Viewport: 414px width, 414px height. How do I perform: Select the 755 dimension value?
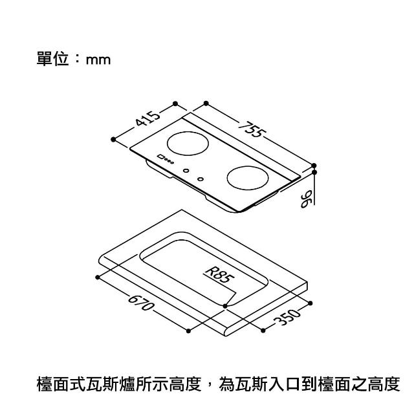[252, 129]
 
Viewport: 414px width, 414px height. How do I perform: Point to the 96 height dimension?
[306, 199]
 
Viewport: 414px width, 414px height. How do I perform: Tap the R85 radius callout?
[220, 275]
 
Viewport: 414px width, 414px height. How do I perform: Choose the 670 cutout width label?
[140, 303]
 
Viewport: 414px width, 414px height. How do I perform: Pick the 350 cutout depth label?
[287, 318]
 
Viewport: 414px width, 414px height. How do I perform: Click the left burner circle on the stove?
[188, 144]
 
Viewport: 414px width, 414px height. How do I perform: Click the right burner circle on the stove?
[248, 178]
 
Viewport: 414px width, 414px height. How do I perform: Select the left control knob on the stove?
[186, 171]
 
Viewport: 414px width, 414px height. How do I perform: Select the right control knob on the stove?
[201, 179]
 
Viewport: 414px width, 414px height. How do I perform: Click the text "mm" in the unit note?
[98, 60]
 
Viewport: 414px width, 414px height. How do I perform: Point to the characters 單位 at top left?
[53, 59]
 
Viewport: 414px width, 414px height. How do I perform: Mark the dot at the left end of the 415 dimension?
[113, 139]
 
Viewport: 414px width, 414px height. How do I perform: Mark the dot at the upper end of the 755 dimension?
[206, 103]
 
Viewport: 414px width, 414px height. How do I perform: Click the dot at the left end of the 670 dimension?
[98, 278]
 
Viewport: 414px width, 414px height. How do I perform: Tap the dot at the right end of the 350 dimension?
[310, 303]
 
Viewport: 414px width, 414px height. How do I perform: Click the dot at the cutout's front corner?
[225, 306]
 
